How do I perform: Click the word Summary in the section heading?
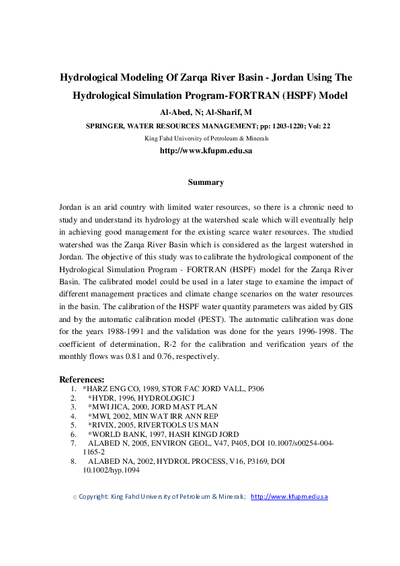coord(206,182)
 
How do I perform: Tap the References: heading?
coord(82,380)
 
